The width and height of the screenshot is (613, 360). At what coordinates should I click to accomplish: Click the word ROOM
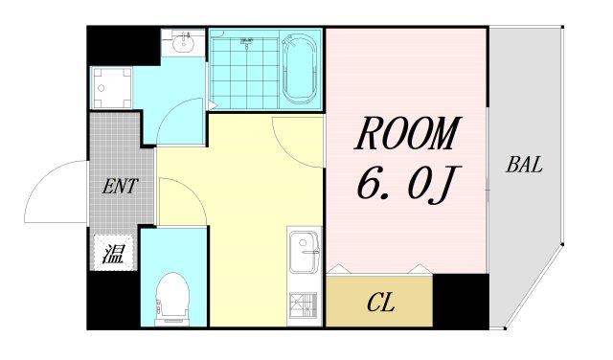point(407,133)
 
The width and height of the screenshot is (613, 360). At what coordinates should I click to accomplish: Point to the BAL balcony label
point(524,165)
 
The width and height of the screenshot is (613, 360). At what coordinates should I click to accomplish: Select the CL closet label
point(381,303)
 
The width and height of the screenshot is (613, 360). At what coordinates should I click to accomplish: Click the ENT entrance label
point(120,187)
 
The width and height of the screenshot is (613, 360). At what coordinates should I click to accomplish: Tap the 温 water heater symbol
point(114,254)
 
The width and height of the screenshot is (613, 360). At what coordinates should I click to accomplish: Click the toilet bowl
point(172,298)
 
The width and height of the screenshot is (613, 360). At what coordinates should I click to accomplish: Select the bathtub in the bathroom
point(300,69)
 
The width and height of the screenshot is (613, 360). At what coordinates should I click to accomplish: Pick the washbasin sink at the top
point(183,42)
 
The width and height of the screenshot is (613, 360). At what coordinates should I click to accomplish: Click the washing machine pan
point(112,87)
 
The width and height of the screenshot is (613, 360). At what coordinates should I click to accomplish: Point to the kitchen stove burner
point(303,305)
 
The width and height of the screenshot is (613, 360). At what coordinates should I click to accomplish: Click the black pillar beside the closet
point(461,301)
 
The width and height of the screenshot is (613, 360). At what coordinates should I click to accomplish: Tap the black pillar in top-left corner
point(124,46)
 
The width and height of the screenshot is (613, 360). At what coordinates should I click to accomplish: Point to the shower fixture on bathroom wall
point(247,42)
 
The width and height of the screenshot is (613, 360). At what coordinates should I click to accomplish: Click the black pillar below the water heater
point(113,300)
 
